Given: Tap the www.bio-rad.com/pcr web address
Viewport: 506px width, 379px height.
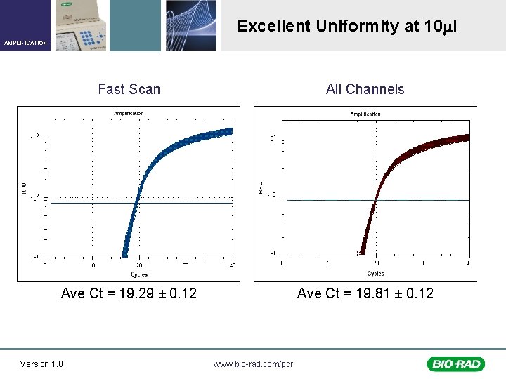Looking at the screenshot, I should point(253,364).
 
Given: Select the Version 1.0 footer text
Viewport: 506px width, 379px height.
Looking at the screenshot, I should point(41,364).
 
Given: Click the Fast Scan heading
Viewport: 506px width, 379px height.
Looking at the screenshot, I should point(129,89).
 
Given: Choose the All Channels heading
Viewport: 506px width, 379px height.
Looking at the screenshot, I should point(365,89).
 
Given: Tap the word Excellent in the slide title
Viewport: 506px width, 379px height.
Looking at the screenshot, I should point(273,27).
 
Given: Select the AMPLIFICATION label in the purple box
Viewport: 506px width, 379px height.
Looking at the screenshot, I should point(25,43).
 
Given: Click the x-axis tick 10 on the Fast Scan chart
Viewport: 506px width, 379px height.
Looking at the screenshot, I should point(92,265).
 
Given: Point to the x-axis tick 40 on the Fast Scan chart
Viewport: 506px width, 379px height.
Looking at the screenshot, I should point(233,265).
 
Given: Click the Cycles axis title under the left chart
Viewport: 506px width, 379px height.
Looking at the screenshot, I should point(138,274).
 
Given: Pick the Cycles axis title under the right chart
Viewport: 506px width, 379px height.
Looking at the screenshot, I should point(375,273).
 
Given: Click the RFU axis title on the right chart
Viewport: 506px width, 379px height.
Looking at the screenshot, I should point(261,188).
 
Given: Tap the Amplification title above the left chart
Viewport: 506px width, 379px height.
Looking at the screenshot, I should point(129,113).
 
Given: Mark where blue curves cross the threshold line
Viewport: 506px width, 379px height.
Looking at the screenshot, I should point(137,203).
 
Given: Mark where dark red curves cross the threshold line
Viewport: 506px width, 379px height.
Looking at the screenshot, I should point(375,201).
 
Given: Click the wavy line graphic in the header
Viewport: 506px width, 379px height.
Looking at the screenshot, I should point(191,25).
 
